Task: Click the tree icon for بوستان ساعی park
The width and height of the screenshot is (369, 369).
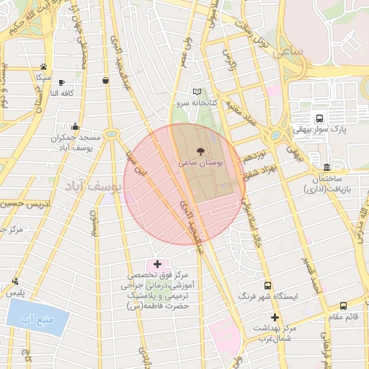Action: point(200,151)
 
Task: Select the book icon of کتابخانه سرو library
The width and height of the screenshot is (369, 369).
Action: point(197,92)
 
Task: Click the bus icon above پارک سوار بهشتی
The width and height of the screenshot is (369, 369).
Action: point(319,118)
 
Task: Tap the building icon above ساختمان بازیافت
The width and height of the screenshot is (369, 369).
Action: point(326,167)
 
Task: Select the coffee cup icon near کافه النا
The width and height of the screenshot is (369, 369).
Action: point(61,82)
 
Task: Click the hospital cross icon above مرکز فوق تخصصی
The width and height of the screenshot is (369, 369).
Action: point(157,264)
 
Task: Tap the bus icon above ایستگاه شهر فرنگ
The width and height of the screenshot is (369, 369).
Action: point(268,285)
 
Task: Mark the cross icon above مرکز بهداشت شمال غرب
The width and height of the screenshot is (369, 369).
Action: point(274,317)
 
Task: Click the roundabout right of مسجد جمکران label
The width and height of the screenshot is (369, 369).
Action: point(110,134)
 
